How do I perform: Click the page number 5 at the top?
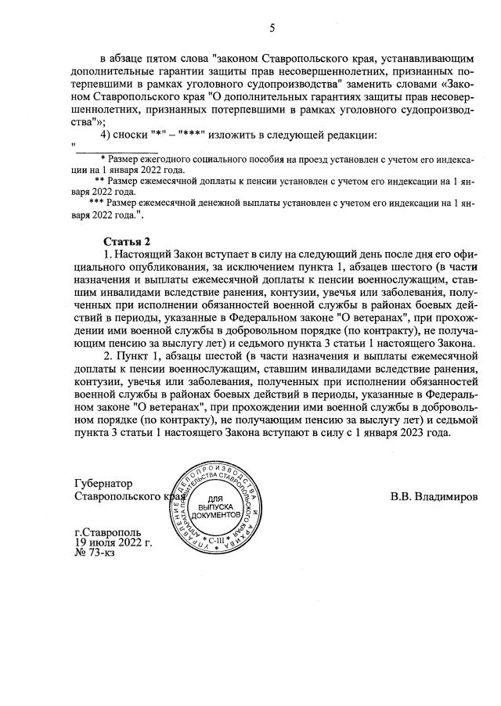click(272, 28)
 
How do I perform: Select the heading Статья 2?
click(126, 240)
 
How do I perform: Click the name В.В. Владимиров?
click(434, 496)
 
